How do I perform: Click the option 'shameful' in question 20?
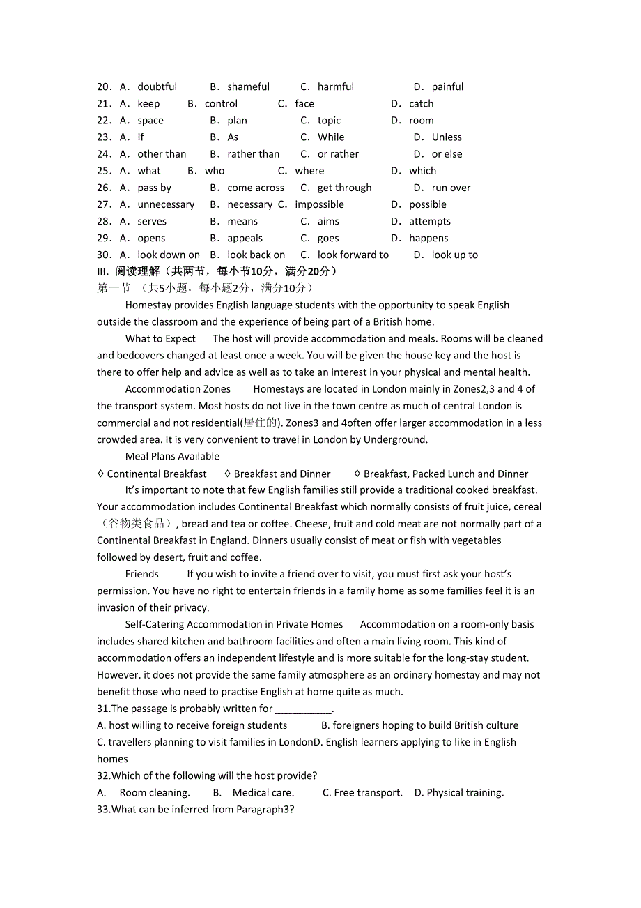click(x=248, y=87)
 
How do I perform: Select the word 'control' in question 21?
click(x=221, y=104)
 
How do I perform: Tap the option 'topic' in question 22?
click(x=329, y=121)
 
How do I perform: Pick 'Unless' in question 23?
click(x=447, y=137)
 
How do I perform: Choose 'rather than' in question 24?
click(x=253, y=154)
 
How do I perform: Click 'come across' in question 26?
click(x=256, y=188)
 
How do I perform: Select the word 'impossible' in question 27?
click(x=319, y=204)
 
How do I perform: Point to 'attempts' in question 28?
click(x=429, y=221)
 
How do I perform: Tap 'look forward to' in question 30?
click(x=353, y=255)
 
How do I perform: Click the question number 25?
click(x=104, y=171)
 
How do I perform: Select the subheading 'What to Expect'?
click(x=160, y=339)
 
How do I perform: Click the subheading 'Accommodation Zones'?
click(x=178, y=389)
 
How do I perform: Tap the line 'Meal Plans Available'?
click(x=172, y=457)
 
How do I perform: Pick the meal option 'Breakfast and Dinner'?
click(x=282, y=474)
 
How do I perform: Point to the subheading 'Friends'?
click(x=142, y=574)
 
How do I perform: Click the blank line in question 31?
click(x=304, y=709)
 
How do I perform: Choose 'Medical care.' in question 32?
click(x=263, y=793)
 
